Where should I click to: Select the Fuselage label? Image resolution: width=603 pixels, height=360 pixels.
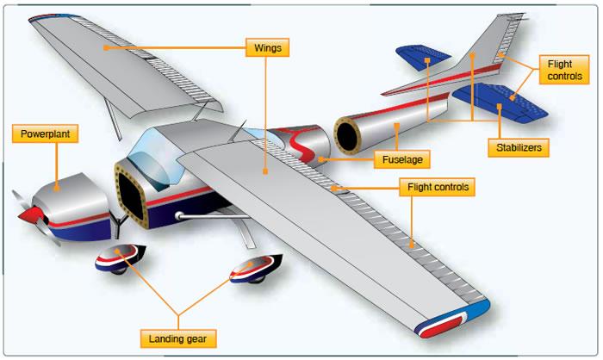(401, 159)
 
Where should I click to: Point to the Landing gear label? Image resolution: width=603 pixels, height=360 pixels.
(177, 337)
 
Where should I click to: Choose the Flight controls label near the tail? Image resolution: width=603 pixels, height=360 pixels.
(563, 69)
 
